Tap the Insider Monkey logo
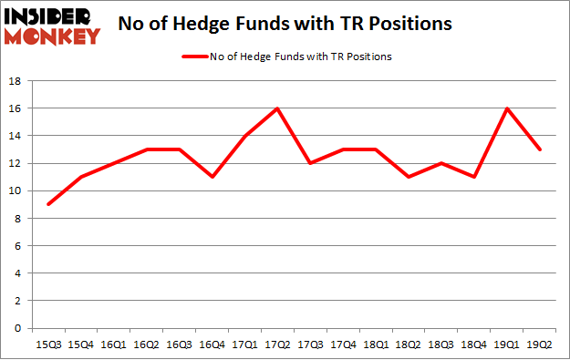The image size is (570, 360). point(52,25)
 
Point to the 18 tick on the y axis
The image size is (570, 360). point(16,81)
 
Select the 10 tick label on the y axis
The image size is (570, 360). point(16,191)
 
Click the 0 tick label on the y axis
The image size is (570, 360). point(19,328)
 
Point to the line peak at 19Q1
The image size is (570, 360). point(508,108)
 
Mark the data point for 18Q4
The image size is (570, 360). point(473,177)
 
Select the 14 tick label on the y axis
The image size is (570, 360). point(16,136)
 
